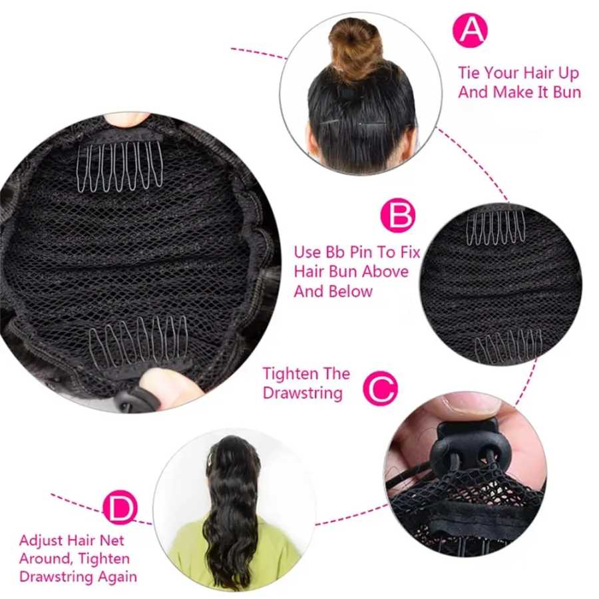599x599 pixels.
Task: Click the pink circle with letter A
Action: point(471,30)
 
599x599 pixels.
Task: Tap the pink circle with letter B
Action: point(398,215)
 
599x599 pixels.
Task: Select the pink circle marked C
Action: point(380,389)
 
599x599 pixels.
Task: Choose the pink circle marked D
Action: point(120,507)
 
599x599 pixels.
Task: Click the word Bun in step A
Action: point(567,92)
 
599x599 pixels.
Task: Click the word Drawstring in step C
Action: point(303,393)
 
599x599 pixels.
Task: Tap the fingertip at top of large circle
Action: point(126,119)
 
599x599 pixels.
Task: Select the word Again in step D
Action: point(117,577)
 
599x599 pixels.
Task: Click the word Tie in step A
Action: point(469,72)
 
